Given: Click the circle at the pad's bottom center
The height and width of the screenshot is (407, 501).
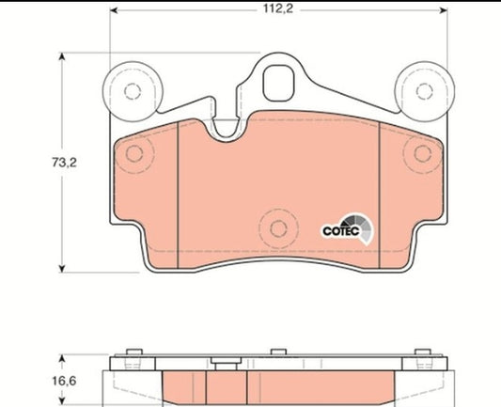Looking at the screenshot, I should (276, 227).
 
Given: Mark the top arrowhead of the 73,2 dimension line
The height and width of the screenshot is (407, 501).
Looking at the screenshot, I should (65, 57).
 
